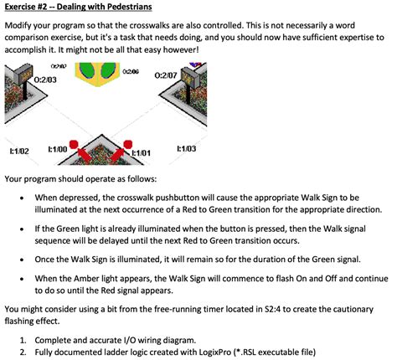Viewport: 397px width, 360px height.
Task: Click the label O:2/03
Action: [45, 80]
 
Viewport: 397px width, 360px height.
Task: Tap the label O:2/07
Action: [166, 75]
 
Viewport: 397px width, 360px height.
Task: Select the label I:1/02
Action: [19, 152]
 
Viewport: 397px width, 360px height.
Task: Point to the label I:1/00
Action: [58, 149]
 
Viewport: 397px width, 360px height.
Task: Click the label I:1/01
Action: [141, 153]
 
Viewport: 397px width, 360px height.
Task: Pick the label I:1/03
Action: [187, 149]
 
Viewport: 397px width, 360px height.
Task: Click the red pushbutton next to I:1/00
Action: [74, 145]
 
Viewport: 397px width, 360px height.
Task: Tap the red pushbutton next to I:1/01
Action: [128, 145]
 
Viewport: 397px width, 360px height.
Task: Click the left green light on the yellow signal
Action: [87, 69]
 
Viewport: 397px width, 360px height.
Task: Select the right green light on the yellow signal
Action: [108, 69]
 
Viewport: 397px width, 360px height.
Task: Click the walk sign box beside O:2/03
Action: [23, 74]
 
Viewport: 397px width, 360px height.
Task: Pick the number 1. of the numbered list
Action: [23, 340]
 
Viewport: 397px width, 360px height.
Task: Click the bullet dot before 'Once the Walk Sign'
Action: [22, 260]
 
